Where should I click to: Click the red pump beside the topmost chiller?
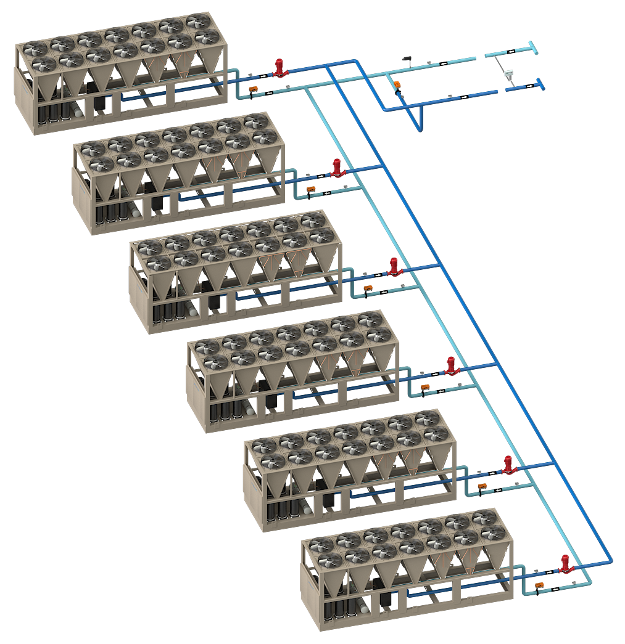point(279,68)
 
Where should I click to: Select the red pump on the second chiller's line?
point(337,168)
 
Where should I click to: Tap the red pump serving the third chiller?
point(394,267)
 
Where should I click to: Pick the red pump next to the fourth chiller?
point(451,365)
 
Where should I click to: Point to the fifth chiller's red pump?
point(508,465)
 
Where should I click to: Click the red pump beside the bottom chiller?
point(565,564)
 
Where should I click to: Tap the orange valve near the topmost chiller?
point(252,90)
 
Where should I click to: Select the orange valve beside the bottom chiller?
point(539,584)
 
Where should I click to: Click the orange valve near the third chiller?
point(368,287)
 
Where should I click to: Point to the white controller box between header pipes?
point(509,73)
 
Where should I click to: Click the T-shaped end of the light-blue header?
point(532,47)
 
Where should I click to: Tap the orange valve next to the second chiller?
point(311,188)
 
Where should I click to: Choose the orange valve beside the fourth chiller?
point(425,386)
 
